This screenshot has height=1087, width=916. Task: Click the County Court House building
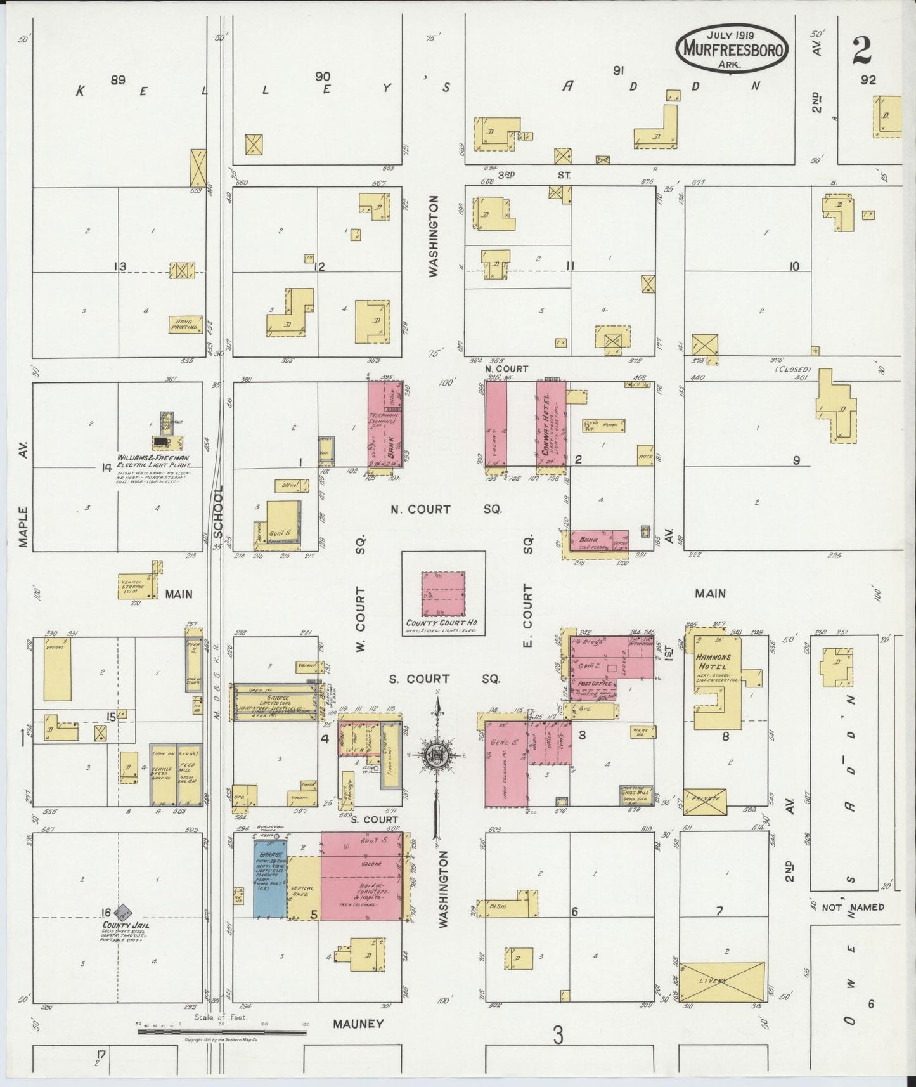[443, 594]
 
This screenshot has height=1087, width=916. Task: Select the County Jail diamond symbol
[125, 913]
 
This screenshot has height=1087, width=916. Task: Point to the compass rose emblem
[437, 755]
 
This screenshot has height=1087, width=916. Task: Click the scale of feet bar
[222, 1032]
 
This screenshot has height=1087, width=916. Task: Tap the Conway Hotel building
[550, 423]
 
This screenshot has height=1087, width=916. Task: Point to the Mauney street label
[358, 1024]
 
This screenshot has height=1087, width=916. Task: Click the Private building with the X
[704, 800]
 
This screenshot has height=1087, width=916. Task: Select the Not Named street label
[853, 908]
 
